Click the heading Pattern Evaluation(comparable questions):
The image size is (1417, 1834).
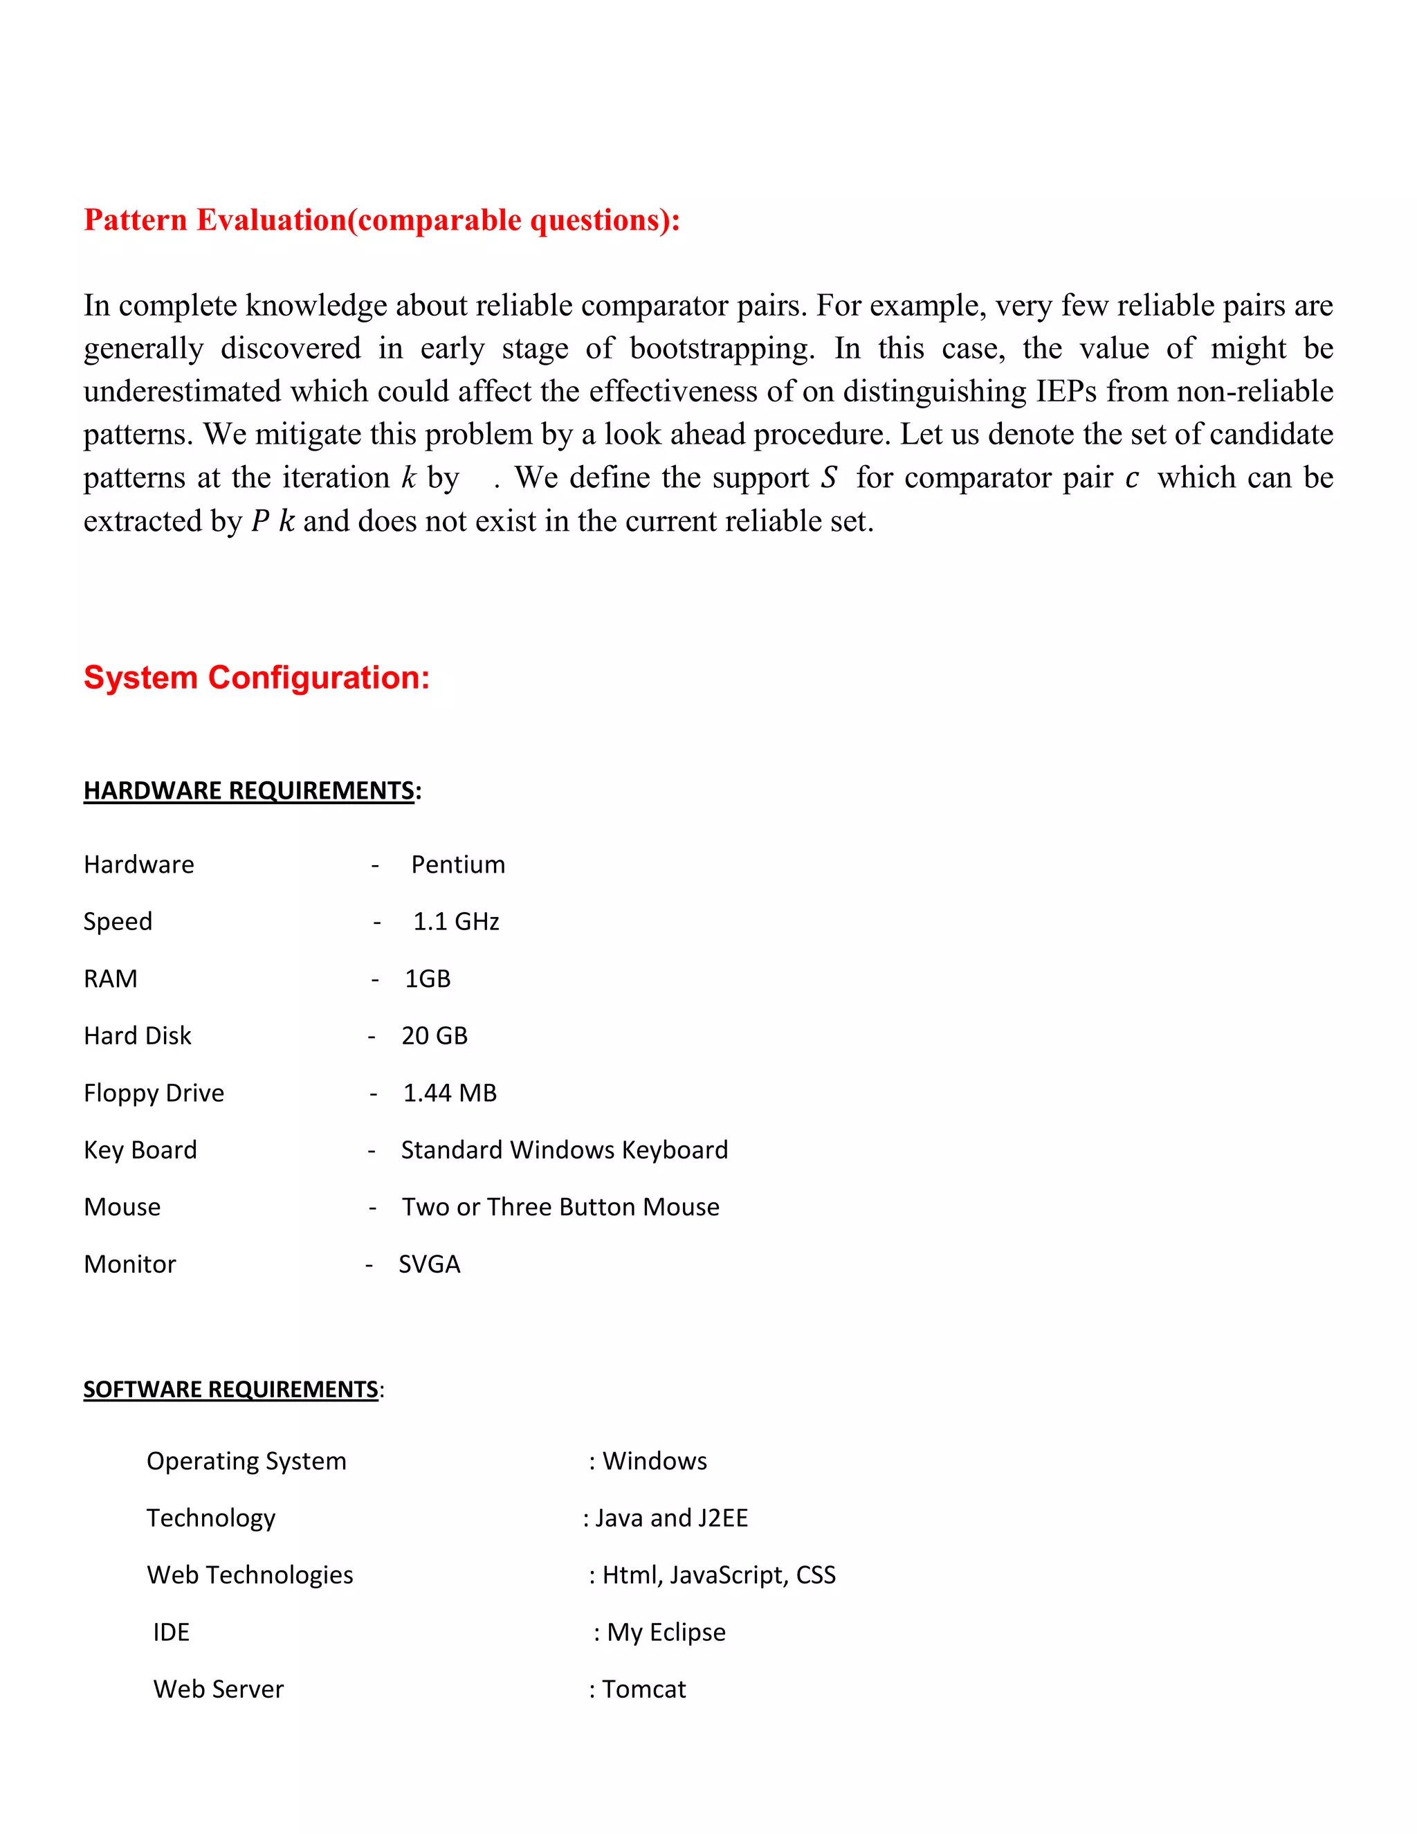pos(382,220)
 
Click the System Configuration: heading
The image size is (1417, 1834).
pos(256,678)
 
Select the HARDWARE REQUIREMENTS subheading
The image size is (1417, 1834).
pos(248,790)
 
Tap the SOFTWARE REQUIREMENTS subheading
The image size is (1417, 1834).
pos(231,1389)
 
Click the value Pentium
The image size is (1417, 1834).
pos(458,864)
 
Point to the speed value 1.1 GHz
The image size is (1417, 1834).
pos(456,921)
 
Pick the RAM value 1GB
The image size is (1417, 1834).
pos(428,979)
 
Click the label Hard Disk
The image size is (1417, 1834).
pos(138,1035)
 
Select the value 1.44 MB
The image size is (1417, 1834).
pos(450,1093)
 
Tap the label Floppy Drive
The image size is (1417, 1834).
pos(154,1093)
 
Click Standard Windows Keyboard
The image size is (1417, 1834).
pos(564,1150)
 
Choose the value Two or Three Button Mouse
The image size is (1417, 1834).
pos(560,1207)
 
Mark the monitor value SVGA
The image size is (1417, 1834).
pos(429,1264)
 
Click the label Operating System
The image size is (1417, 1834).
pos(246,1460)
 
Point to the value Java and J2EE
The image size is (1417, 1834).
pos(670,1518)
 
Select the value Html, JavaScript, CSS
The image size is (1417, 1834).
pos(719,1574)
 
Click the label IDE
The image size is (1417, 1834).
pos(172,1632)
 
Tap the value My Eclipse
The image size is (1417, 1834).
pos(666,1632)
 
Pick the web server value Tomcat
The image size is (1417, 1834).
pos(644,1689)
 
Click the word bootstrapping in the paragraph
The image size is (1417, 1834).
pos(721,349)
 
